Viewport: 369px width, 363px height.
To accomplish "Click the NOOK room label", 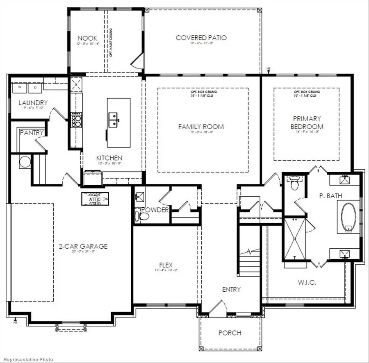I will [87, 38].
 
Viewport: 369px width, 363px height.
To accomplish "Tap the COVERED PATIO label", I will [201, 38].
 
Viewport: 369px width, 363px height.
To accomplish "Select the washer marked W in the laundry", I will [19, 87].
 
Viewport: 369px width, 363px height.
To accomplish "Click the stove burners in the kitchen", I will [76, 120].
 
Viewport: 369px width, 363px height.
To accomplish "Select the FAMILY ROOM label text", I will [201, 127].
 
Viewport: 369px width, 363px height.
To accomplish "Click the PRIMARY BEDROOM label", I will [307, 123].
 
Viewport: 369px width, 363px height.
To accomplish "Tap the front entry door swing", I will [218, 306].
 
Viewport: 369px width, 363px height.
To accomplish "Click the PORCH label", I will [230, 333].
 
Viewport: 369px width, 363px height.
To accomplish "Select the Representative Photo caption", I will [27, 359].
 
